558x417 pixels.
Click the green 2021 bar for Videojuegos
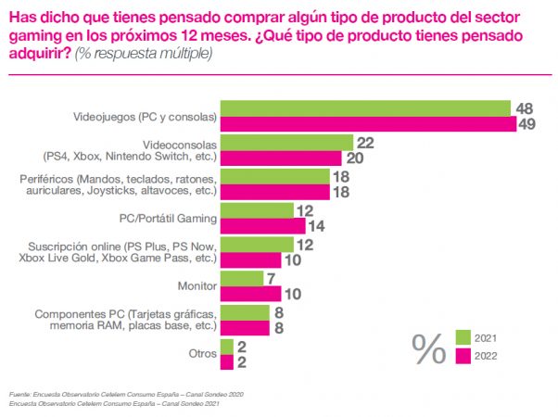click(x=365, y=108)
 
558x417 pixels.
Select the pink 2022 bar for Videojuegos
click(x=368, y=124)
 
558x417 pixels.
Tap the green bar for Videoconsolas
click(x=286, y=143)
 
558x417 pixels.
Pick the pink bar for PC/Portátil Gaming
click(x=262, y=225)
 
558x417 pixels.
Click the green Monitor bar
click(x=241, y=278)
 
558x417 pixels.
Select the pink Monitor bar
click(x=251, y=294)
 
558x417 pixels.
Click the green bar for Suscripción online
click(x=257, y=244)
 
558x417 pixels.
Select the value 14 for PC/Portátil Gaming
click(x=318, y=225)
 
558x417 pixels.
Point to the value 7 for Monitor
click(x=271, y=278)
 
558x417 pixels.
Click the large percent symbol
click(x=428, y=348)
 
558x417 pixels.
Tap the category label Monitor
click(x=197, y=285)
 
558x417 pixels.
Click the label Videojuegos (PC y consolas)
click(x=145, y=117)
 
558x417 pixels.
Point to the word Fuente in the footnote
click(x=25, y=394)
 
